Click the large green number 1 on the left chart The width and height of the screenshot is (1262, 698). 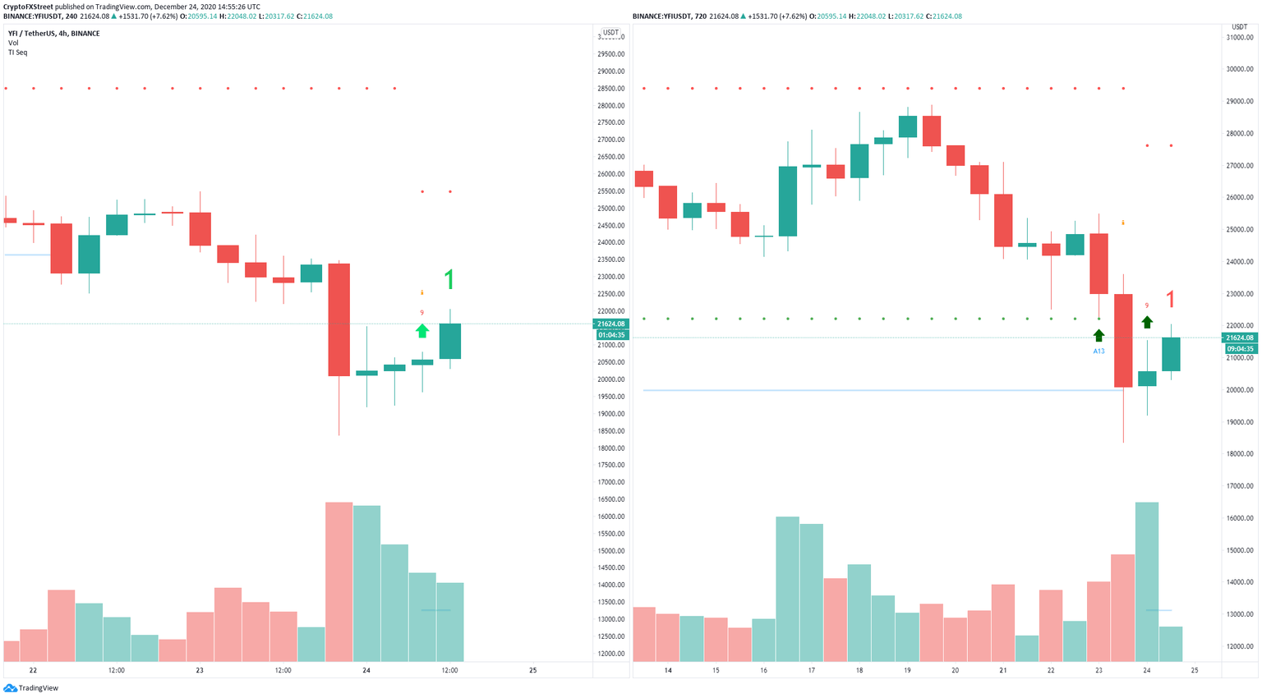tap(449, 281)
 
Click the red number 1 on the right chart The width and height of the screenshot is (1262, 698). tap(1171, 300)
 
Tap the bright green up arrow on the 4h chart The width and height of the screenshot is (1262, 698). tap(421, 331)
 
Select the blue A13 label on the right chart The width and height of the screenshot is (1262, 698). tap(1098, 351)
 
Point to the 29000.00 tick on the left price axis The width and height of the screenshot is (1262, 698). tap(610, 71)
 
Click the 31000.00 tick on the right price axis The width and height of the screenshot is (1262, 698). tap(1239, 38)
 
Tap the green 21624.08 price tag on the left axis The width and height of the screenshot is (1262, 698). tap(611, 324)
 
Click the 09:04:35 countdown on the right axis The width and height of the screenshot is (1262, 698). tap(1240, 349)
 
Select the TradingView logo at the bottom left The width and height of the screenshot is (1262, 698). tap(32, 688)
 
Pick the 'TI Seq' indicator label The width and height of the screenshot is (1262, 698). tap(17, 53)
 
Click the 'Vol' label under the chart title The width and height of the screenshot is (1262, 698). tap(13, 43)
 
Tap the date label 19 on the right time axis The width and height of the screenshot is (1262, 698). tap(907, 671)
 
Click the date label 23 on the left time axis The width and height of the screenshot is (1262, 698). tap(200, 671)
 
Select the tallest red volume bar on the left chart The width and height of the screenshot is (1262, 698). tap(339, 581)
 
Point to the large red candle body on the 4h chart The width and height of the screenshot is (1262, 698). tap(339, 319)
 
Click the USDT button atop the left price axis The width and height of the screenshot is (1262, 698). tap(610, 33)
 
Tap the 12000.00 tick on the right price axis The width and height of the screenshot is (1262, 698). tap(1239, 646)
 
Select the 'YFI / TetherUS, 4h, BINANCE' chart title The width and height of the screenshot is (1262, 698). tap(53, 34)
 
